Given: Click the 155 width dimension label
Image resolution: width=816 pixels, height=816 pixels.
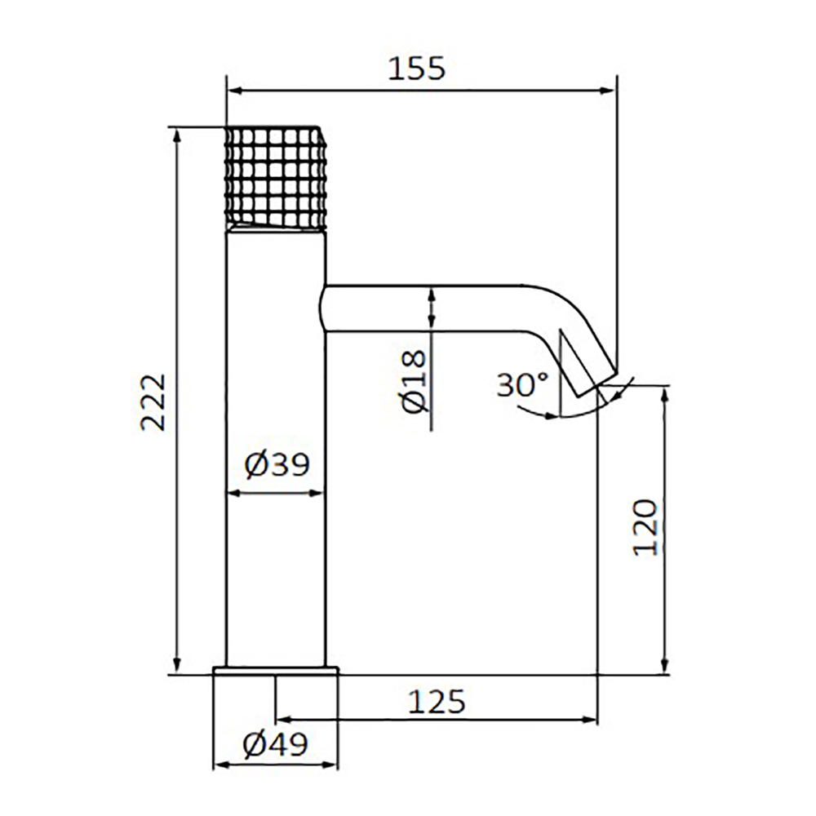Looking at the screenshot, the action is tap(417, 69).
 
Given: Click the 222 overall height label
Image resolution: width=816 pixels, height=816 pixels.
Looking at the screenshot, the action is tap(153, 401).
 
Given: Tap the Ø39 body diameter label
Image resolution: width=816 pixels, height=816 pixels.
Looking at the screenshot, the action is tap(277, 464).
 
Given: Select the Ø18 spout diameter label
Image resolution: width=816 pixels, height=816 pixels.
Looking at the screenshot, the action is tap(415, 380).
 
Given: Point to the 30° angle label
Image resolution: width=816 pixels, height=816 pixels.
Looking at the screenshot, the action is tap(523, 384).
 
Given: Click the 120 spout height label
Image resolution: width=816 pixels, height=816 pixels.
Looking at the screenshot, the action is tap(645, 528).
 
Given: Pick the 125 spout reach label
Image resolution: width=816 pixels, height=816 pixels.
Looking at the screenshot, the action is tap(436, 702).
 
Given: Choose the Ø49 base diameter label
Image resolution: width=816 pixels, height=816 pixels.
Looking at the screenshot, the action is tap(276, 745).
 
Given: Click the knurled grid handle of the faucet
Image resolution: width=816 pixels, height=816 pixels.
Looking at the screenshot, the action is tap(277, 177).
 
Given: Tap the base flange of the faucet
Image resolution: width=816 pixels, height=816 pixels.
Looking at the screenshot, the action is tap(276, 670).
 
